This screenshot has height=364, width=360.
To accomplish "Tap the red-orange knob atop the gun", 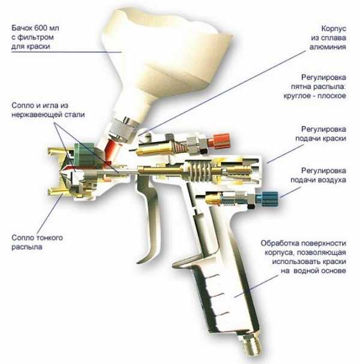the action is pyautogui.click(x=219, y=141).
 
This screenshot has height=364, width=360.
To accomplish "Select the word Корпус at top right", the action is pyautogui.click(x=334, y=29).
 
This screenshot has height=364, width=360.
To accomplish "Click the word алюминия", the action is pyautogui.click(x=328, y=47).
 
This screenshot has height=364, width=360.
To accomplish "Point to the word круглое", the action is pyautogui.click(x=297, y=96).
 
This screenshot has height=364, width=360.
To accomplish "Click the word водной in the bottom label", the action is pyautogui.click(x=307, y=270).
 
